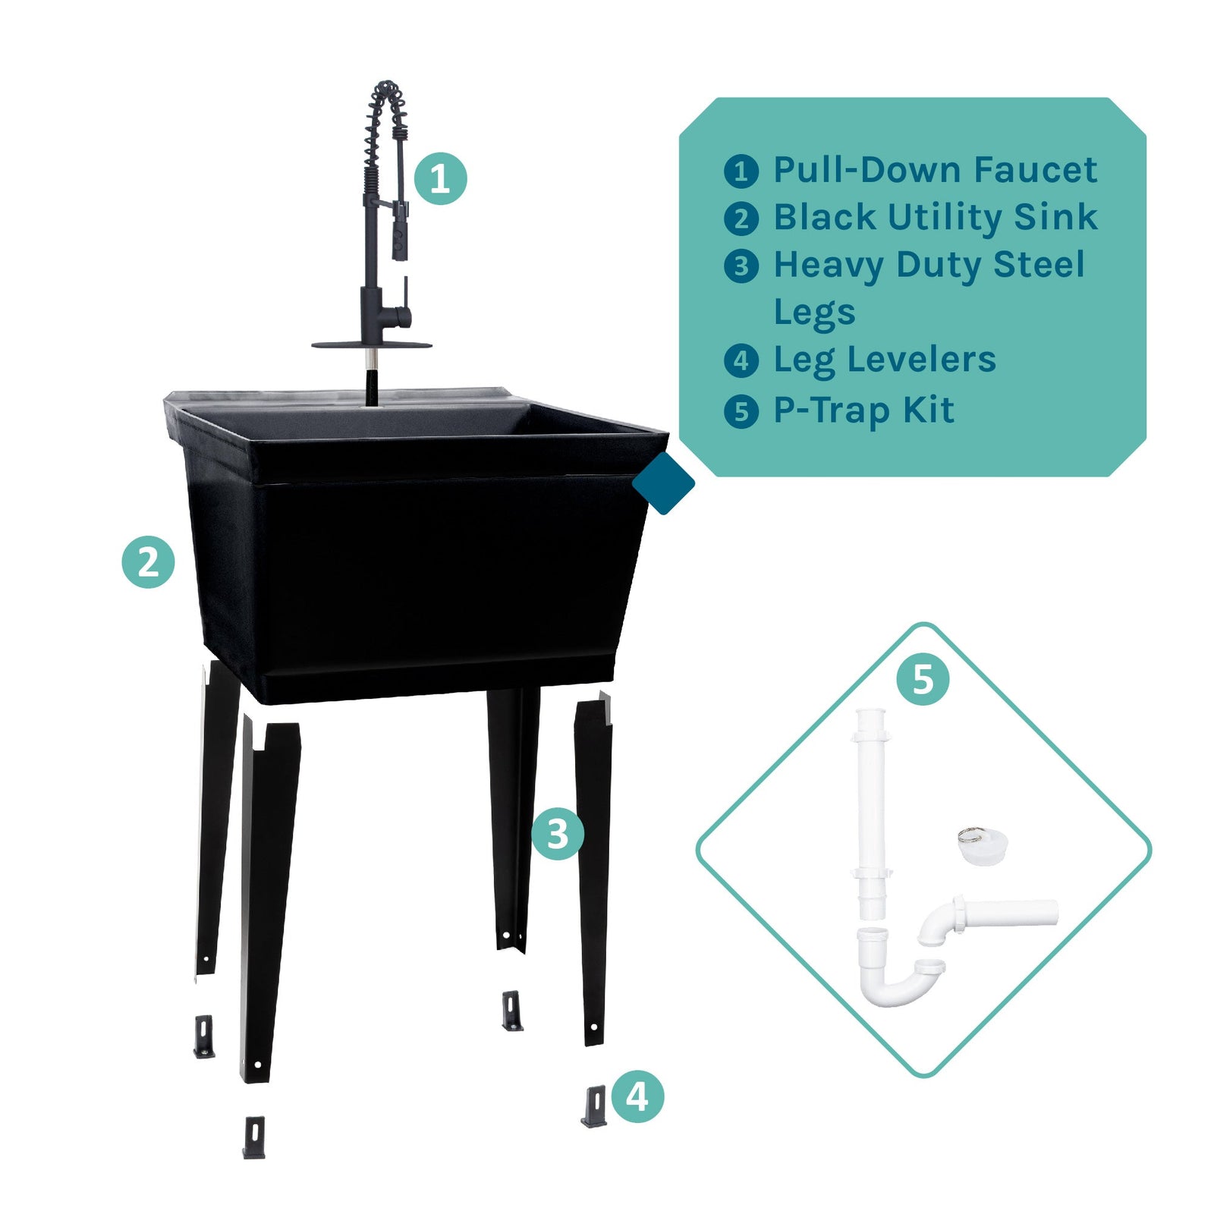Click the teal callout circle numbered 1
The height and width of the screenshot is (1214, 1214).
[440, 179]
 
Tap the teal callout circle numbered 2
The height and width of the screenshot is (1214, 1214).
[148, 562]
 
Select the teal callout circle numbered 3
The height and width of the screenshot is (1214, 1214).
[558, 834]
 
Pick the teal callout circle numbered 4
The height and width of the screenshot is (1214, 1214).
[637, 1096]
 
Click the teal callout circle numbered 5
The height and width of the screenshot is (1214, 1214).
[923, 678]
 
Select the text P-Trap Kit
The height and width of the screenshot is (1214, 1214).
[863, 410]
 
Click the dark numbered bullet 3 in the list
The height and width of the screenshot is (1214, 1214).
[741, 266]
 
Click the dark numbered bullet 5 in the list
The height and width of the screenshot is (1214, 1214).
[741, 412]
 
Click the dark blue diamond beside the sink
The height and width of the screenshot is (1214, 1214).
[663, 483]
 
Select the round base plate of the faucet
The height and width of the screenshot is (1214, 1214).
[372, 345]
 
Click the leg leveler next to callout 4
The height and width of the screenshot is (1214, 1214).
[594, 1106]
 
